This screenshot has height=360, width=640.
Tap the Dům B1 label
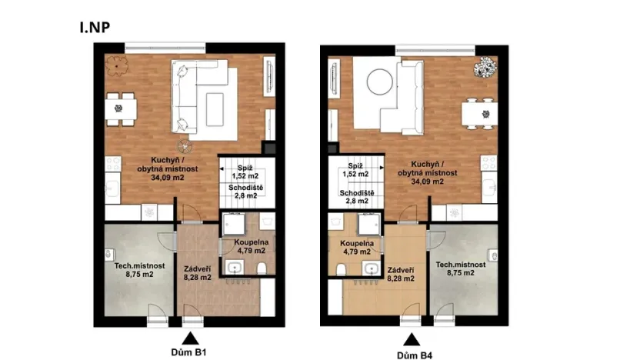pyautogui.click(x=188, y=353)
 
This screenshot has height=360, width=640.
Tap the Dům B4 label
pyautogui.click(x=413, y=355)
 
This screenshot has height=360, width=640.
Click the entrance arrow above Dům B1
pyautogui.click(x=188, y=337)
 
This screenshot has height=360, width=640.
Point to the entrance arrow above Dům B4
pyautogui.click(x=413, y=338)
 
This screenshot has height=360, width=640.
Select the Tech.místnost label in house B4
pyautogui.click(x=460, y=266)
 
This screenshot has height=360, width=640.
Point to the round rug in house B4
pyautogui.click(x=378, y=80)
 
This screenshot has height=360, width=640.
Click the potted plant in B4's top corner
pyautogui.click(x=486, y=68)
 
